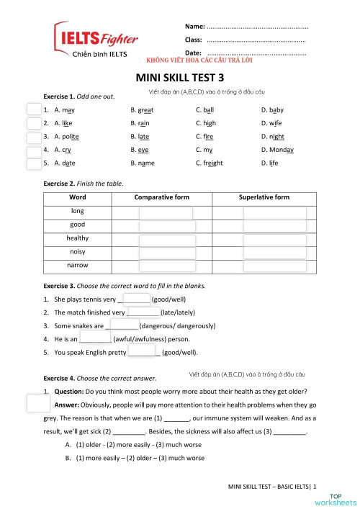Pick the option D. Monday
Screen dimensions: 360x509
(x=277, y=150)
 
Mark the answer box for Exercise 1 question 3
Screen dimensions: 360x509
(x=34, y=137)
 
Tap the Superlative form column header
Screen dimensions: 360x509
(x=264, y=197)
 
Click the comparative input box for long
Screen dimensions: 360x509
(x=166, y=212)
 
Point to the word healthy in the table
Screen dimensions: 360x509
(x=78, y=238)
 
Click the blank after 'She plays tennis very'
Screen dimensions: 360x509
(x=137, y=299)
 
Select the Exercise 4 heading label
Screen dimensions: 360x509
(x=100, y=378)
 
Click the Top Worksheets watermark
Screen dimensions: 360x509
(x=343, y=499)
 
